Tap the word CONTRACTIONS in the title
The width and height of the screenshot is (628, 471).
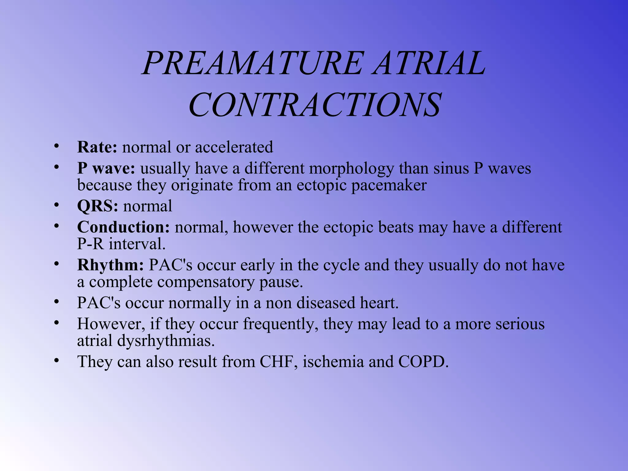[315, 105]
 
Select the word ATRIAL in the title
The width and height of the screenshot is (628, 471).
[429, 63]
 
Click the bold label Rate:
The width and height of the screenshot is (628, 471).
[97, 147]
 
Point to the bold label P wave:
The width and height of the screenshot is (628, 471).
[106, 169]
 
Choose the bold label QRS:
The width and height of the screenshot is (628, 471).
[98, 206]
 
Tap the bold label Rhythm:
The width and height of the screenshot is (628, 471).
[110, 265]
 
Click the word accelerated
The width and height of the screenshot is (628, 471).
[234, 147]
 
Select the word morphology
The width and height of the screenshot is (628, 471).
[351, 169]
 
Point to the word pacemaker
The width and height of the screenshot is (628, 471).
[389, 185]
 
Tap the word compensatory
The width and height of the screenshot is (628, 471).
[206, 282]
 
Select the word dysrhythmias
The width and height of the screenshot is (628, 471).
[166, 341]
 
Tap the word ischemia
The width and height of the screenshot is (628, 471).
[333, 362]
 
